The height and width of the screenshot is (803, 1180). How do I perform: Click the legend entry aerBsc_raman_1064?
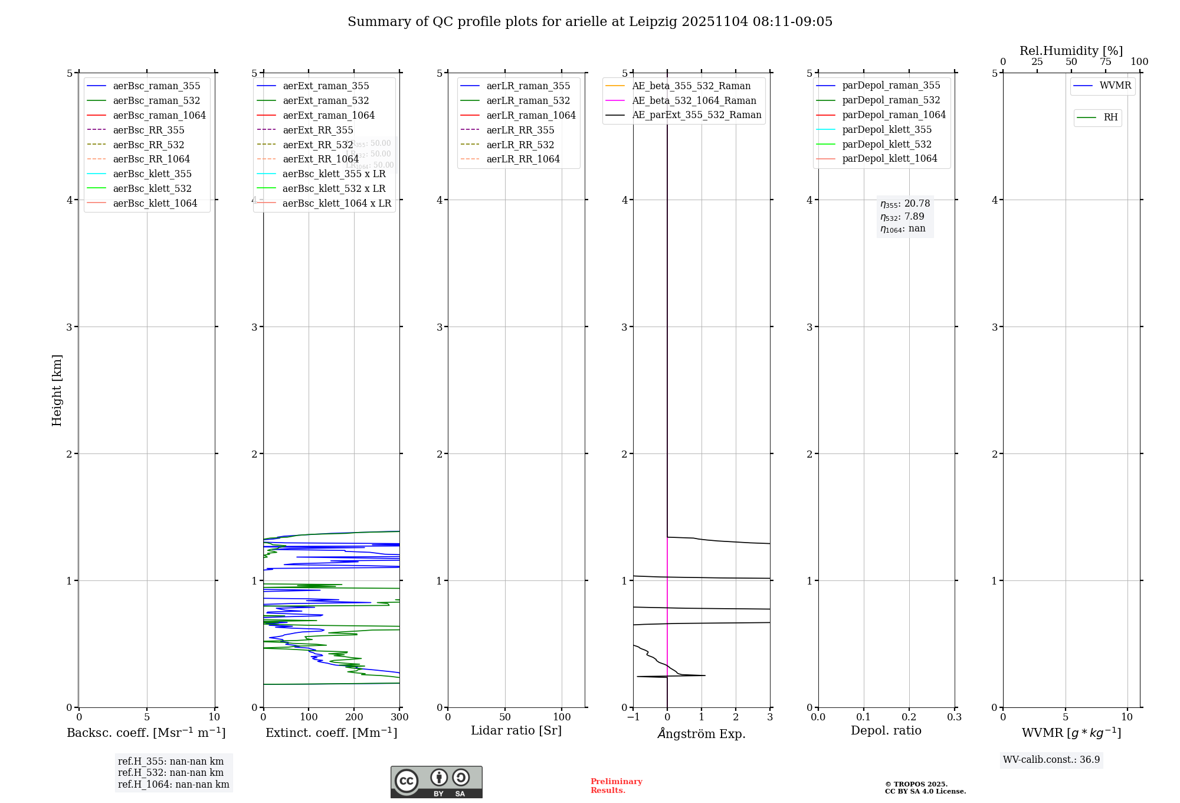coord(159,115)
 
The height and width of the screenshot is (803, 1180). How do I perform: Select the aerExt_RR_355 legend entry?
coord(317,130)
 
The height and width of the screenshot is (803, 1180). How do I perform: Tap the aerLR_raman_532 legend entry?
coord(528,100)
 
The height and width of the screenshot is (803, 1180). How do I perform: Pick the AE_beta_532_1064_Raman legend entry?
coord(694,100)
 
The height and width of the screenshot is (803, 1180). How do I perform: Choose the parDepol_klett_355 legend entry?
coord(887,129)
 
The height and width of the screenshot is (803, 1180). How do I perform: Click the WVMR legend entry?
coord(1115,86)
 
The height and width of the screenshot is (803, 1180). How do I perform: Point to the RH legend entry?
coord(1110,117)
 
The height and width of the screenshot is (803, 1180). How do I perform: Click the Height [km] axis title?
coord(57,390)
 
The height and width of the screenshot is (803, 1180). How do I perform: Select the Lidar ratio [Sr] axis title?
coord(516,730)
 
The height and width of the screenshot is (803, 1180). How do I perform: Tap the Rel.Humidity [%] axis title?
coord(1071,51)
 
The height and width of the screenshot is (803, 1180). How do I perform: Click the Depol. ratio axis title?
coord(886,730)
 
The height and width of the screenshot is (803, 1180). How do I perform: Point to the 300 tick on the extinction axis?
coord(399,717)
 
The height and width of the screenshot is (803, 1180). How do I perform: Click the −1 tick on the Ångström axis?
coord(633,717)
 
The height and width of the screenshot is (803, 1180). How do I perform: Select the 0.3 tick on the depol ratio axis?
coord(954,717)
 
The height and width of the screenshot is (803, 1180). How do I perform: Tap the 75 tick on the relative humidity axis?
coord(1105,62)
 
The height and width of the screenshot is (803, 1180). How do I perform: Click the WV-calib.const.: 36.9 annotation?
coord(1051,759)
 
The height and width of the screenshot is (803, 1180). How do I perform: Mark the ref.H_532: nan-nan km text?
coord(171,772)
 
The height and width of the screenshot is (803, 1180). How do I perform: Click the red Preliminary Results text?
coord(616,785)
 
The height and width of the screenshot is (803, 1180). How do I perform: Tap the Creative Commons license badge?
coord(436,782)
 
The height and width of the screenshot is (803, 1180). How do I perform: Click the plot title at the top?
coord(590,22)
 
